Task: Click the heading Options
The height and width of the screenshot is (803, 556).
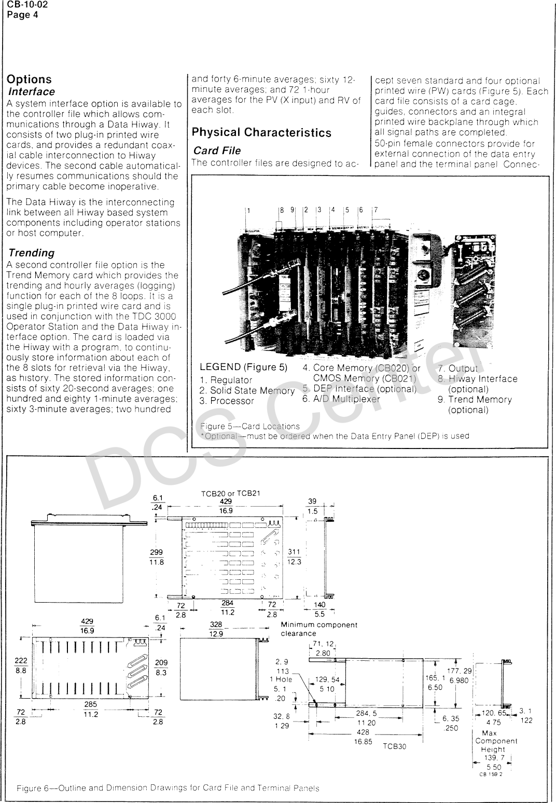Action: click(29, 79)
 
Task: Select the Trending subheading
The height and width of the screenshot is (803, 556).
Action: click(32, 253)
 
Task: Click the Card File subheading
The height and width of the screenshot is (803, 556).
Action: click(217, 151)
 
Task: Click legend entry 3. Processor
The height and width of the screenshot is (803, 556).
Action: click(227, 401)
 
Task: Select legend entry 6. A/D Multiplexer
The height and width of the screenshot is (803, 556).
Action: click(341, 399)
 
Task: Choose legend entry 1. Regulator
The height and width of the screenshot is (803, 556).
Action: click(226, 380)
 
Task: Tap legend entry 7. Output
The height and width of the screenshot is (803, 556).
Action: click(457, 369)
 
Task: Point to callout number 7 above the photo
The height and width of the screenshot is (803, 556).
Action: click(376, 210)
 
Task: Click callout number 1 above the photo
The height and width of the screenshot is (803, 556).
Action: click(248, 211)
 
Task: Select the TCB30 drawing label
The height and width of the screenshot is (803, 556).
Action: click(395, 746)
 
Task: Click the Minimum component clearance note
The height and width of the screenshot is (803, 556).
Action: click(318, 629)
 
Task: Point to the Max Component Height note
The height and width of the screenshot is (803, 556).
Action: click(496, 741)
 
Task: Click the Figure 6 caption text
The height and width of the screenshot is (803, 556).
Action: click(168, 788)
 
